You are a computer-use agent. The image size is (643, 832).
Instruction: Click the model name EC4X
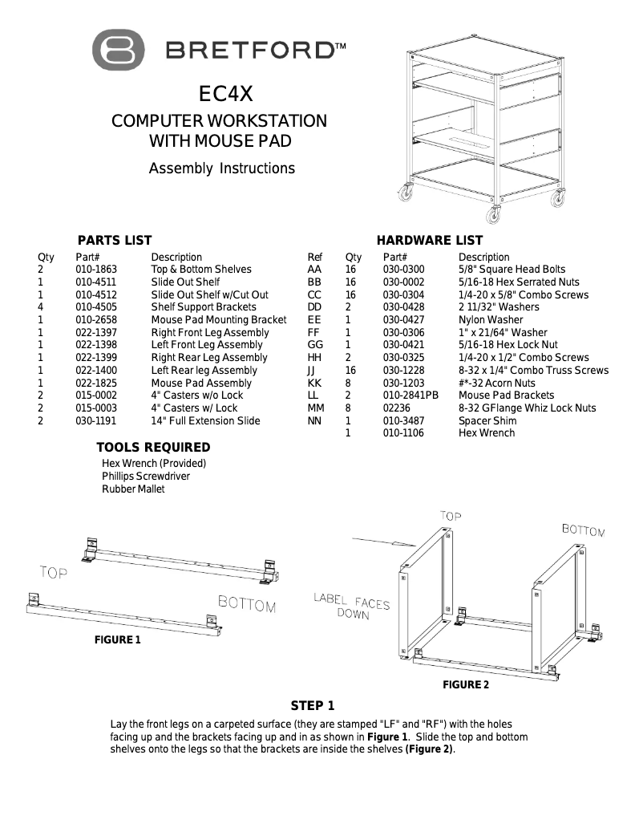[x=225, y=95]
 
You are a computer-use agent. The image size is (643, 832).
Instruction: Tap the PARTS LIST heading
[x=115, y=240]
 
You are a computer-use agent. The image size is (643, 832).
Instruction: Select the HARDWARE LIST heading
[x=430, y=240]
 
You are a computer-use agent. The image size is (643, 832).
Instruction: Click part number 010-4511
[x=96, y=282]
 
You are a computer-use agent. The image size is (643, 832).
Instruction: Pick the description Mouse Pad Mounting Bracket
[x=219, y=320]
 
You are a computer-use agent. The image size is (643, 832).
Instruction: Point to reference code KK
[x=314, y=383]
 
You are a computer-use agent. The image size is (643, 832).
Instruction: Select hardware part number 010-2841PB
[x=410, y=396]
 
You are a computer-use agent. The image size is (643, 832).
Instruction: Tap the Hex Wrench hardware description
[x=487, y=433]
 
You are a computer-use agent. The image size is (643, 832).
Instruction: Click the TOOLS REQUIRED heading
[x=153, y=447]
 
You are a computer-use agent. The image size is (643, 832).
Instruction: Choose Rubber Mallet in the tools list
[x=133, y=489]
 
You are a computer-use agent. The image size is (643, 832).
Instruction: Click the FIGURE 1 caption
[x=118, y=639]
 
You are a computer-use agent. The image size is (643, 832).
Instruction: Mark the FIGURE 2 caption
[x=466, y=684]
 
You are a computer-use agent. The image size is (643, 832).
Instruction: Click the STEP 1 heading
[x=313, y=706]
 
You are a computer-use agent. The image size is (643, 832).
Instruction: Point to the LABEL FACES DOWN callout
[x=351, y=606]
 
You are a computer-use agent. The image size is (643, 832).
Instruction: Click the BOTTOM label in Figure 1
[x=247, y=604]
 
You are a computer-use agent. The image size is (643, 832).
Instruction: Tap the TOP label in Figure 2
[x=451, y=516]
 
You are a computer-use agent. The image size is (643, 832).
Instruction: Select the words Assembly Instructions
[x=222, y=168]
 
